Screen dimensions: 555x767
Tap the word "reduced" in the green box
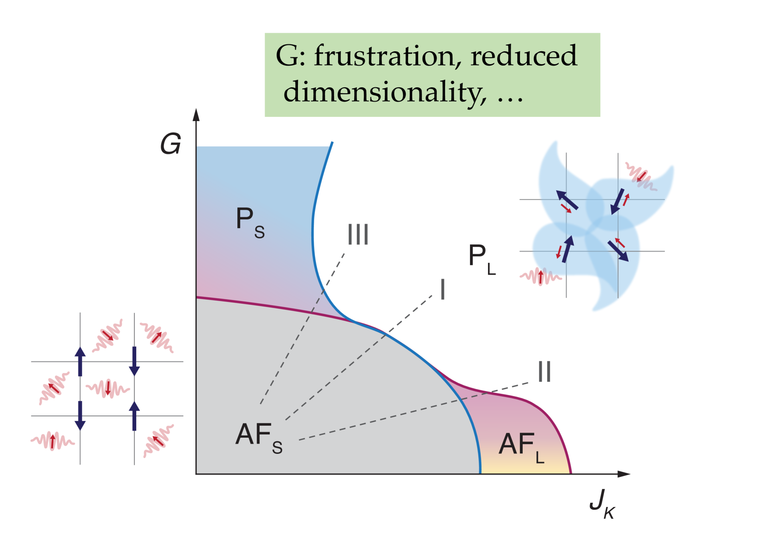click(x=524, y=56)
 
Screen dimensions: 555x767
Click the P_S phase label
click(x=250, y=222)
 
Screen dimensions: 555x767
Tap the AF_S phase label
click(x=259, y=438)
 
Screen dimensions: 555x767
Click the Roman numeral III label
click(x=358, y=235)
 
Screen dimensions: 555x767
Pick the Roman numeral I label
click(x=443, y=290)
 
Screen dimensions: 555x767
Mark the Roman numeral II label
click(x=544, y=372)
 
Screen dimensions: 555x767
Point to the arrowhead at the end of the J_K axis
click(x=624, y=474)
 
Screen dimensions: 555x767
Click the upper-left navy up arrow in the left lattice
click(x=80, y=361)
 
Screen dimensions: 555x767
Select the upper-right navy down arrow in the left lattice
click(x=134, y=361)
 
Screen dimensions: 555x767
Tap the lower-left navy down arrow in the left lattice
click(x=80, y=416)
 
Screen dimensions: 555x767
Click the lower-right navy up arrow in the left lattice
click(x=134, y=416)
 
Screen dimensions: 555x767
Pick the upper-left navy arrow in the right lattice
click(x=567, y=199)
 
